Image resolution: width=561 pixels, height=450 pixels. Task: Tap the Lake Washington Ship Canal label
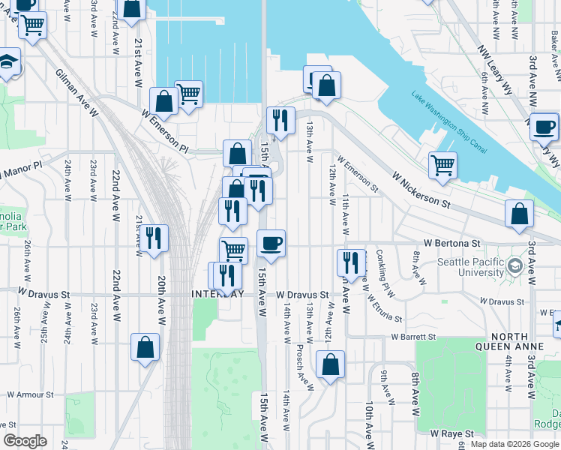448,121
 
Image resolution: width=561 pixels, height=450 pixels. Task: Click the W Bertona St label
451,244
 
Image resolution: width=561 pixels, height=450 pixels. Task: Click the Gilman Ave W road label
77,93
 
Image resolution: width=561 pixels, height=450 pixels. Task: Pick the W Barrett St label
413,337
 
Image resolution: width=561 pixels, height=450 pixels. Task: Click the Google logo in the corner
25,441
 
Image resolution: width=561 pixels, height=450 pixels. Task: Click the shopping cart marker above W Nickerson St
443,165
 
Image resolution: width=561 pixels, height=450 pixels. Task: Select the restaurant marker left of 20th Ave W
154,239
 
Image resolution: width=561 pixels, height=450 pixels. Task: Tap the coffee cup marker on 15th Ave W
271,242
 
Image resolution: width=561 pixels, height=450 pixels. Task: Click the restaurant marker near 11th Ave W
351,262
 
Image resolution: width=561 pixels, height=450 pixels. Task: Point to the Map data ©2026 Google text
514,444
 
